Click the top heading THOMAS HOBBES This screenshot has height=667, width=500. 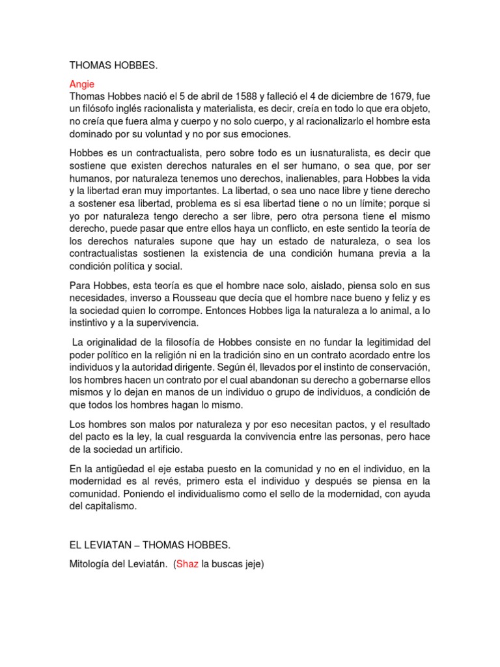click(x=113, y=65)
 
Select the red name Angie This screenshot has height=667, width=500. click(x=81, y=84)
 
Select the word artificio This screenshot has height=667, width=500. click(x=160, y=449)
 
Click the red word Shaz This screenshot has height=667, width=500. click(x=188, y=564)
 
